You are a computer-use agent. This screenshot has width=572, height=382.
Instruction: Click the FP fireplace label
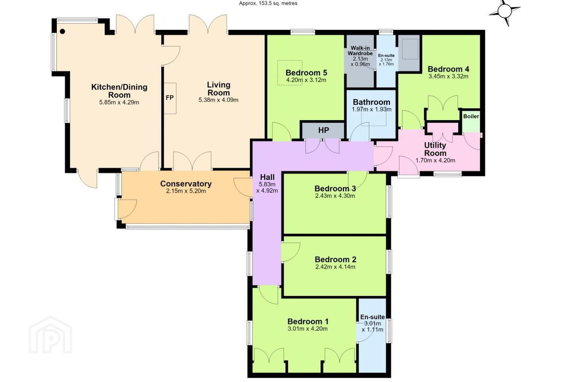pos(170,98)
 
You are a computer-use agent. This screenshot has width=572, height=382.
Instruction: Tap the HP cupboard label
pos(323,130)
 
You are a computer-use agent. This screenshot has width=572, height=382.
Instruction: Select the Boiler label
pos(471,117)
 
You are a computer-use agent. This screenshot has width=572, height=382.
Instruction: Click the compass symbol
pos(504,12)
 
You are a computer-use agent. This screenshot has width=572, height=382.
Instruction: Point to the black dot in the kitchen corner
pos(63,31)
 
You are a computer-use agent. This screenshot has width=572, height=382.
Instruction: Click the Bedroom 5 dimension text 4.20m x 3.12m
pos(306,80)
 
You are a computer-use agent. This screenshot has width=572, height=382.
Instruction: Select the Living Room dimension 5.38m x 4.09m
pos(218,100)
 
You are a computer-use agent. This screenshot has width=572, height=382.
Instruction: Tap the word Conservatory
pos(186,184)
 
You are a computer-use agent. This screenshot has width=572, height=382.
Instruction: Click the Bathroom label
pos(371,102)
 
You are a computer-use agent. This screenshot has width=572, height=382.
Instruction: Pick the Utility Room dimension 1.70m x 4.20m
pos(435,161)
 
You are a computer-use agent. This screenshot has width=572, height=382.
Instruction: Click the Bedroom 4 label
pos(448,69)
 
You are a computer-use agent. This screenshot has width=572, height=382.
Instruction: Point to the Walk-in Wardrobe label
pos(360,51)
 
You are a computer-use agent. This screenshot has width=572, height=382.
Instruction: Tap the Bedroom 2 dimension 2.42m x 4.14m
pos(335,267)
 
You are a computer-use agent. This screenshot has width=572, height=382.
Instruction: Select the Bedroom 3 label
pos(335,189)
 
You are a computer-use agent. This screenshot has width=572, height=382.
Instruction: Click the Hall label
pos(267,177)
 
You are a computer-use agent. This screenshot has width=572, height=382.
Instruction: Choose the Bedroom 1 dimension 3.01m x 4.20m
pos(307,329)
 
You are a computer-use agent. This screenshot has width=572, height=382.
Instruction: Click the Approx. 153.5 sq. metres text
pos(268,3)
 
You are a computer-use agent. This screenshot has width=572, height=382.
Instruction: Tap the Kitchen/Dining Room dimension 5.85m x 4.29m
pos(119,103)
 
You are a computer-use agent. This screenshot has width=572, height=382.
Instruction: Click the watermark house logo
pos(50,335)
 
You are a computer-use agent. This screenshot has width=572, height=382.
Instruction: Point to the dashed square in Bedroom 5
pos(290,73)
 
